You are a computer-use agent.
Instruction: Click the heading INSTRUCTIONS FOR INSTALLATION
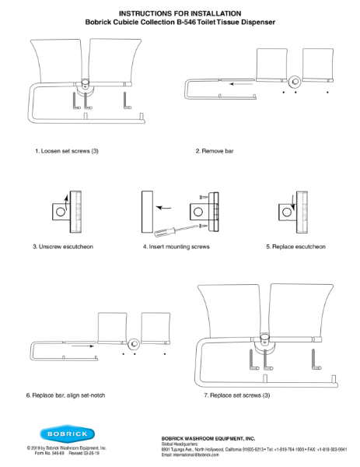pos(180,13)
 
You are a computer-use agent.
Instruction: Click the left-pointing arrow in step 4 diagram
pos(164,208)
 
